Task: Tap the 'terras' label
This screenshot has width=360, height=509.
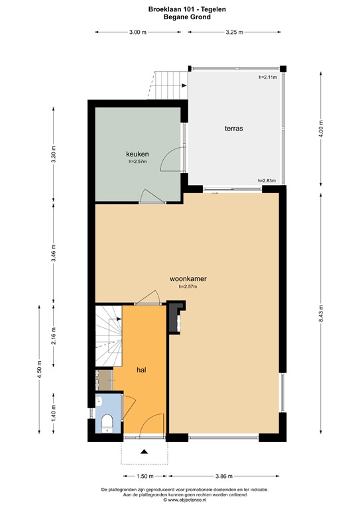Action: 234,129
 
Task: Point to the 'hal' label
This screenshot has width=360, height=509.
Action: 141,370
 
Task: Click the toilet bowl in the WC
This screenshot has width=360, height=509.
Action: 107,423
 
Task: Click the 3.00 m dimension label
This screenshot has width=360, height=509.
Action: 138,32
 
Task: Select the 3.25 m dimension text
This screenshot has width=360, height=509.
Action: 235,32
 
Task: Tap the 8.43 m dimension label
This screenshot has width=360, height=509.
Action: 321,313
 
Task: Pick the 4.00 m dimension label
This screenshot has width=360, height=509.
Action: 321,129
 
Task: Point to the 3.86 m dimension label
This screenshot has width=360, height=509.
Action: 224,477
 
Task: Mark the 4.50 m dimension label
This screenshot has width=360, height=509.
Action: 40,369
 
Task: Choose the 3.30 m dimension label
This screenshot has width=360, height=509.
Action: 54,155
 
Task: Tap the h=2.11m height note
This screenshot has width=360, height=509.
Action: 268,78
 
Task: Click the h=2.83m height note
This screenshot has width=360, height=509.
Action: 267,180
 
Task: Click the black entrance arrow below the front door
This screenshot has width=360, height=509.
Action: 144,451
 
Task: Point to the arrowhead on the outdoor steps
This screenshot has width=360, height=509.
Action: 184,85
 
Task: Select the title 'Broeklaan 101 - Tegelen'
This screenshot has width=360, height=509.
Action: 187,9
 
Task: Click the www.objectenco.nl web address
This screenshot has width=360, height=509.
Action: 187,500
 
